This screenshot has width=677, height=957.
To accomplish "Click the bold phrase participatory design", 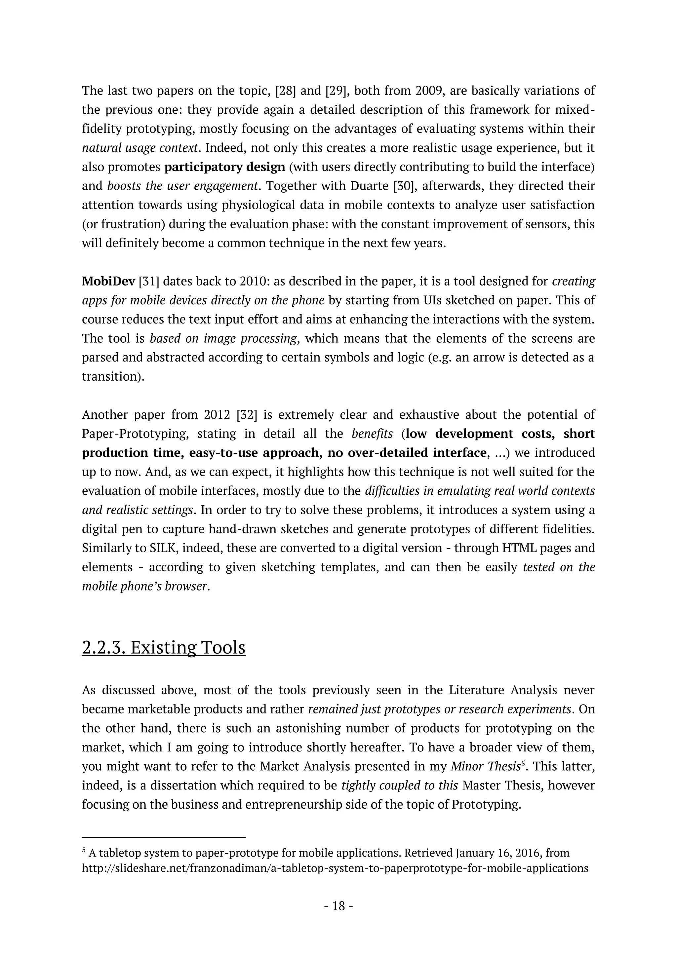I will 225,167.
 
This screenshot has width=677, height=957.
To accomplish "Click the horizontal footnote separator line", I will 164,836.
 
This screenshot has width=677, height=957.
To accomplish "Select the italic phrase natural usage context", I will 139,148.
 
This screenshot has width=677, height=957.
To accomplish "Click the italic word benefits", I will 372,434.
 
